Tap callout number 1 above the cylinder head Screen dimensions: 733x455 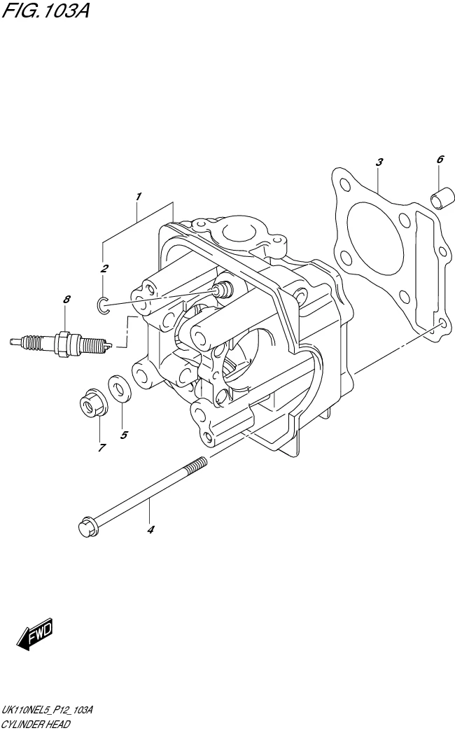[139, 196]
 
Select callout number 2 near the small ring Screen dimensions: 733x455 [104, 268]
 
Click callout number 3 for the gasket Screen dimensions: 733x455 [379, 162]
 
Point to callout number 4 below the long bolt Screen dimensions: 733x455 [150, 529]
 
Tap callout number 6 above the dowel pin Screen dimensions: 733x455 [440, 160]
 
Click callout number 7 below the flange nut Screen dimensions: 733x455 [101, 447]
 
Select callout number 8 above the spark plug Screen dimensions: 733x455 [66, 300]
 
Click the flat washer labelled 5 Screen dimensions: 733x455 [118, 389]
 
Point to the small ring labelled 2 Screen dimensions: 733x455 [102, 303]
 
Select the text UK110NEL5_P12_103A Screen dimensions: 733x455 [48, 710]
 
